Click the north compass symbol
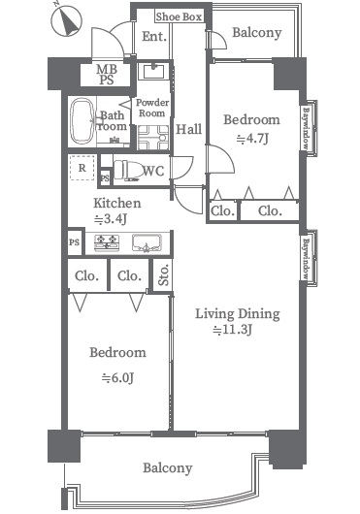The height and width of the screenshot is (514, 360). coord(66,20)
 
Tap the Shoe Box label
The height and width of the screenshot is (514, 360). coord(179,16)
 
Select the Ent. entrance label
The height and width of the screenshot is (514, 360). coord(153,37)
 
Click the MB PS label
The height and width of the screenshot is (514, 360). coord(107,75)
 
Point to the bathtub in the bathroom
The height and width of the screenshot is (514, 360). coord(82,121)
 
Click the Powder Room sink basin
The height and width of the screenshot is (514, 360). coord(153,72)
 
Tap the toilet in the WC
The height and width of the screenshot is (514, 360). coord(127,170)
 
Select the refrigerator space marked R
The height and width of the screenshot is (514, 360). coord(82,168)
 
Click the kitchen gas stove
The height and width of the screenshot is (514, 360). coord(107,243)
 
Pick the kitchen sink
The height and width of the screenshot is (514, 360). coord(147,243)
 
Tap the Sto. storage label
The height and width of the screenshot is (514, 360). coord(163,274)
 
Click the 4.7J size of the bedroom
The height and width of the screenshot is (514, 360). coord(253,139)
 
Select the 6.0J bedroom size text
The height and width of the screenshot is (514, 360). coord(117,378)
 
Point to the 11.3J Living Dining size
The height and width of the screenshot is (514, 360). coord(233,330)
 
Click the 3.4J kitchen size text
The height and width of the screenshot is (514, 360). coord(111,219)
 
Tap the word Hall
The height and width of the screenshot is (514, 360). coord(189,129)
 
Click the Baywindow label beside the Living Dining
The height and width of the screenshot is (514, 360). coord(306,259)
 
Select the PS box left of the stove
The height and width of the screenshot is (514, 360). coord(75,242)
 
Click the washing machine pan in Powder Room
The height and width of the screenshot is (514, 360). coord(153,138)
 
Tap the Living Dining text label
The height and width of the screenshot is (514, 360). coord(238,314)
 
